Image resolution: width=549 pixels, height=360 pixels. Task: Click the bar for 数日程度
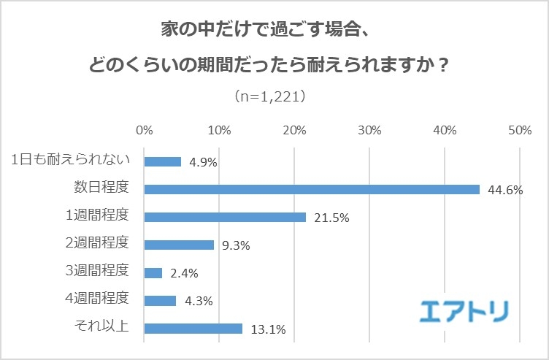tap(312, 189)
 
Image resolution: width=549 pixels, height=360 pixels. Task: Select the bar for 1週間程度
tap(225, 217)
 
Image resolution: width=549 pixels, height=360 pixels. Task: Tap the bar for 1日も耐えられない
tap(163, 161)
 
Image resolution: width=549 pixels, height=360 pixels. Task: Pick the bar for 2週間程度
tap(179, 245)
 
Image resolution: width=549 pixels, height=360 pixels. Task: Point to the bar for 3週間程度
tap(153, 272)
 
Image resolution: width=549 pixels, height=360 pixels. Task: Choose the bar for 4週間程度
tap(161, 300)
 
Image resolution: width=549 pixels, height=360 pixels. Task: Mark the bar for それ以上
tap(193, 329)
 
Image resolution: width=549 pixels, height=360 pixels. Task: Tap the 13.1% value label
tap(266, 329)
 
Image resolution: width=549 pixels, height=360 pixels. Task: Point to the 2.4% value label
tap(183, 274)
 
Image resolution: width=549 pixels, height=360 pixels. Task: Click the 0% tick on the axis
tap(145, 130)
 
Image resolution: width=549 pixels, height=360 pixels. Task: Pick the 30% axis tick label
tap(370, 130)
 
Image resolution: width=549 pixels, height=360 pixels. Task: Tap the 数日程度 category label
tap(101, 187)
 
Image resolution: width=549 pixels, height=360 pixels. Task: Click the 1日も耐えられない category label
tap(70, 159)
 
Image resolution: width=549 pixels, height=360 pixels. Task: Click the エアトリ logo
tap(464, 310)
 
